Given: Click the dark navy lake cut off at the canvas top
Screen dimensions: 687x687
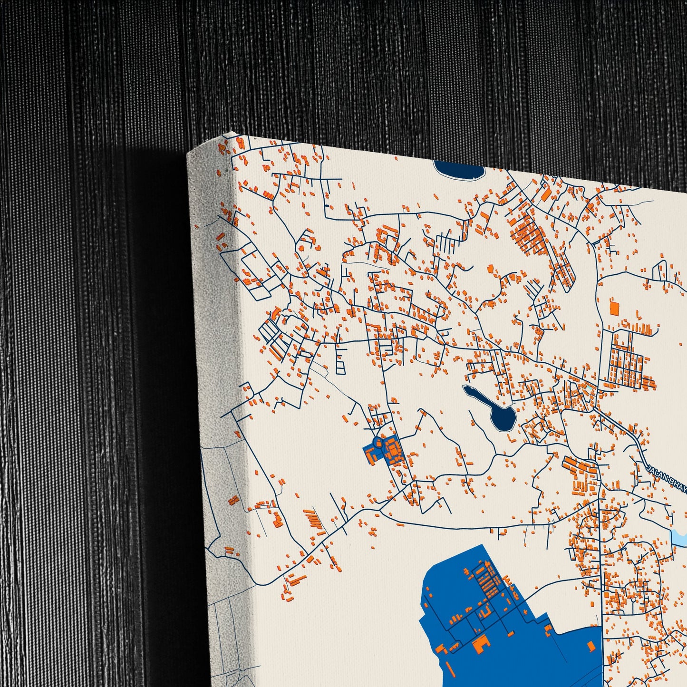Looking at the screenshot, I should pyautogui.click(x=458, y=169).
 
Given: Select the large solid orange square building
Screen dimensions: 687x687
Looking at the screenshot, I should pyautogui.click(x=615, y=308).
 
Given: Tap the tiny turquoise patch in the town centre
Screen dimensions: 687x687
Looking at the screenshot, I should pyautogui.click(x=590, y=389).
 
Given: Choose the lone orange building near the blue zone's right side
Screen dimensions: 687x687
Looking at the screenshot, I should pyautogui.click(x=591, y=646).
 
